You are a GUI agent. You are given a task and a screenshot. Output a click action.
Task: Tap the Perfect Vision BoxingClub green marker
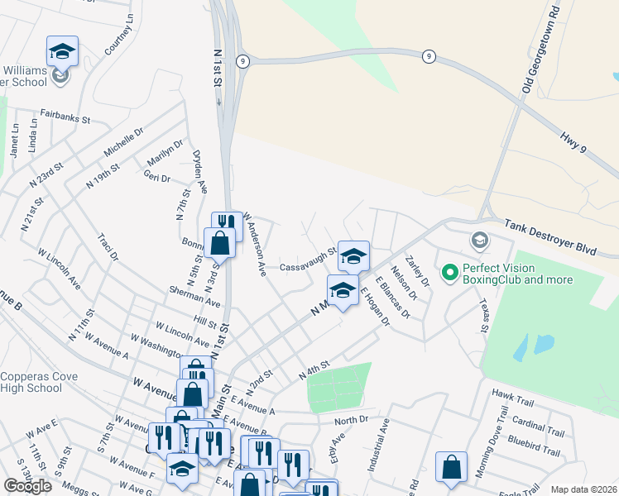[x=450, y=270]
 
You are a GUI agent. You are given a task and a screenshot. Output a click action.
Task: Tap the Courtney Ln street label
[x=119, y=36]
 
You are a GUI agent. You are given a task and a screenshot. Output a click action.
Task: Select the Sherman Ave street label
[x=194, y=297]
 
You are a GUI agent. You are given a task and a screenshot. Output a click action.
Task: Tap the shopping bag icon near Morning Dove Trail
[x=451, y=466]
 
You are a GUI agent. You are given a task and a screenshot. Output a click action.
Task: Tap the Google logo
[x=27, y=486]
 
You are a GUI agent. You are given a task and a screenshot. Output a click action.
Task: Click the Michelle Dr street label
[x=124, y=142]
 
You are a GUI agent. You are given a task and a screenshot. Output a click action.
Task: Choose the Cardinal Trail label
[x=538, y=427]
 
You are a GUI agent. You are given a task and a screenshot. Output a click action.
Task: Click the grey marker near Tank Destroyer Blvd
[x=479, y=241]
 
